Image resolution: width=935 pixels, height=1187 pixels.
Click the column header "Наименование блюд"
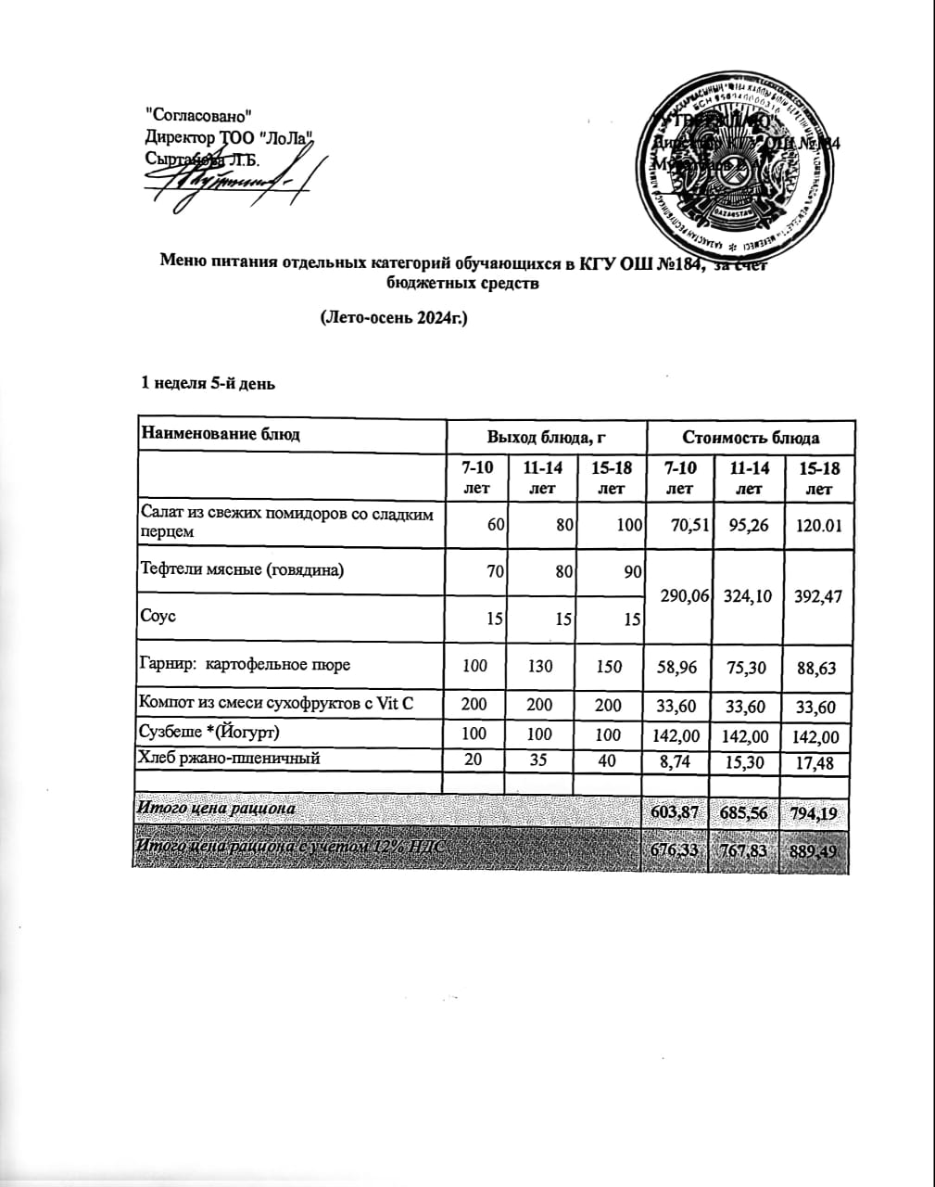(221, 434)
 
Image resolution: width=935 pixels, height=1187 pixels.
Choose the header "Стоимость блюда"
(751, 437)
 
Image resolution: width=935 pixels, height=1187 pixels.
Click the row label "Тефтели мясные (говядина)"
(241, 569)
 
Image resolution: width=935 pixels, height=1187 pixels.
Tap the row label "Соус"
(157, 616)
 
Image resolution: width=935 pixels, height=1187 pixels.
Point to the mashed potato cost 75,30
(749, 665)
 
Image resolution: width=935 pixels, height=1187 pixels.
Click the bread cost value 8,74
(680, 763)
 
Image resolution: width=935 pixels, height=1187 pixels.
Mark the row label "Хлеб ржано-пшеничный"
(229, 759)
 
